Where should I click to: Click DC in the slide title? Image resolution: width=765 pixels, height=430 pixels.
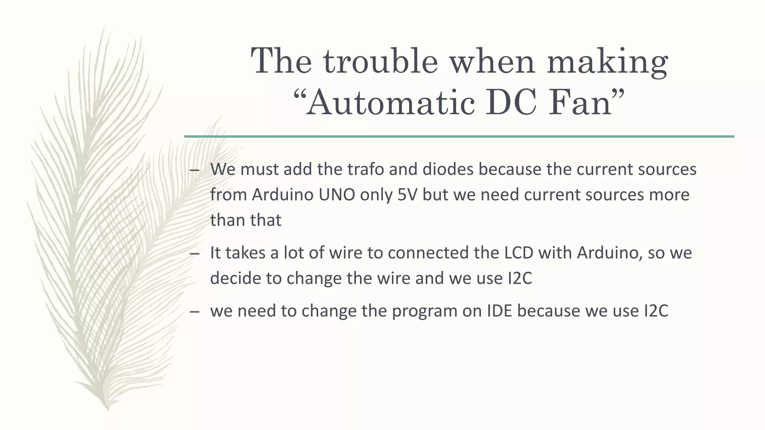coord(511,103)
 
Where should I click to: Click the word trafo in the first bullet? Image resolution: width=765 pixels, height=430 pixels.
coord(366,169)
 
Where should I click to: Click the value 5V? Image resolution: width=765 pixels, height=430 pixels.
coord(406,194)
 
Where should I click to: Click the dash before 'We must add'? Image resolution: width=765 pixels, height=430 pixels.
coord(194,170)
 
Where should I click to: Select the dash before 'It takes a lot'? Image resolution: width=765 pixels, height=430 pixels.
coord(194,254)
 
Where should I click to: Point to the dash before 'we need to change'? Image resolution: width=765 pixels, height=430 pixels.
coord(194,312)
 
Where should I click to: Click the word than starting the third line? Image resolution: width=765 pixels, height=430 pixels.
coord(227,220)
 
